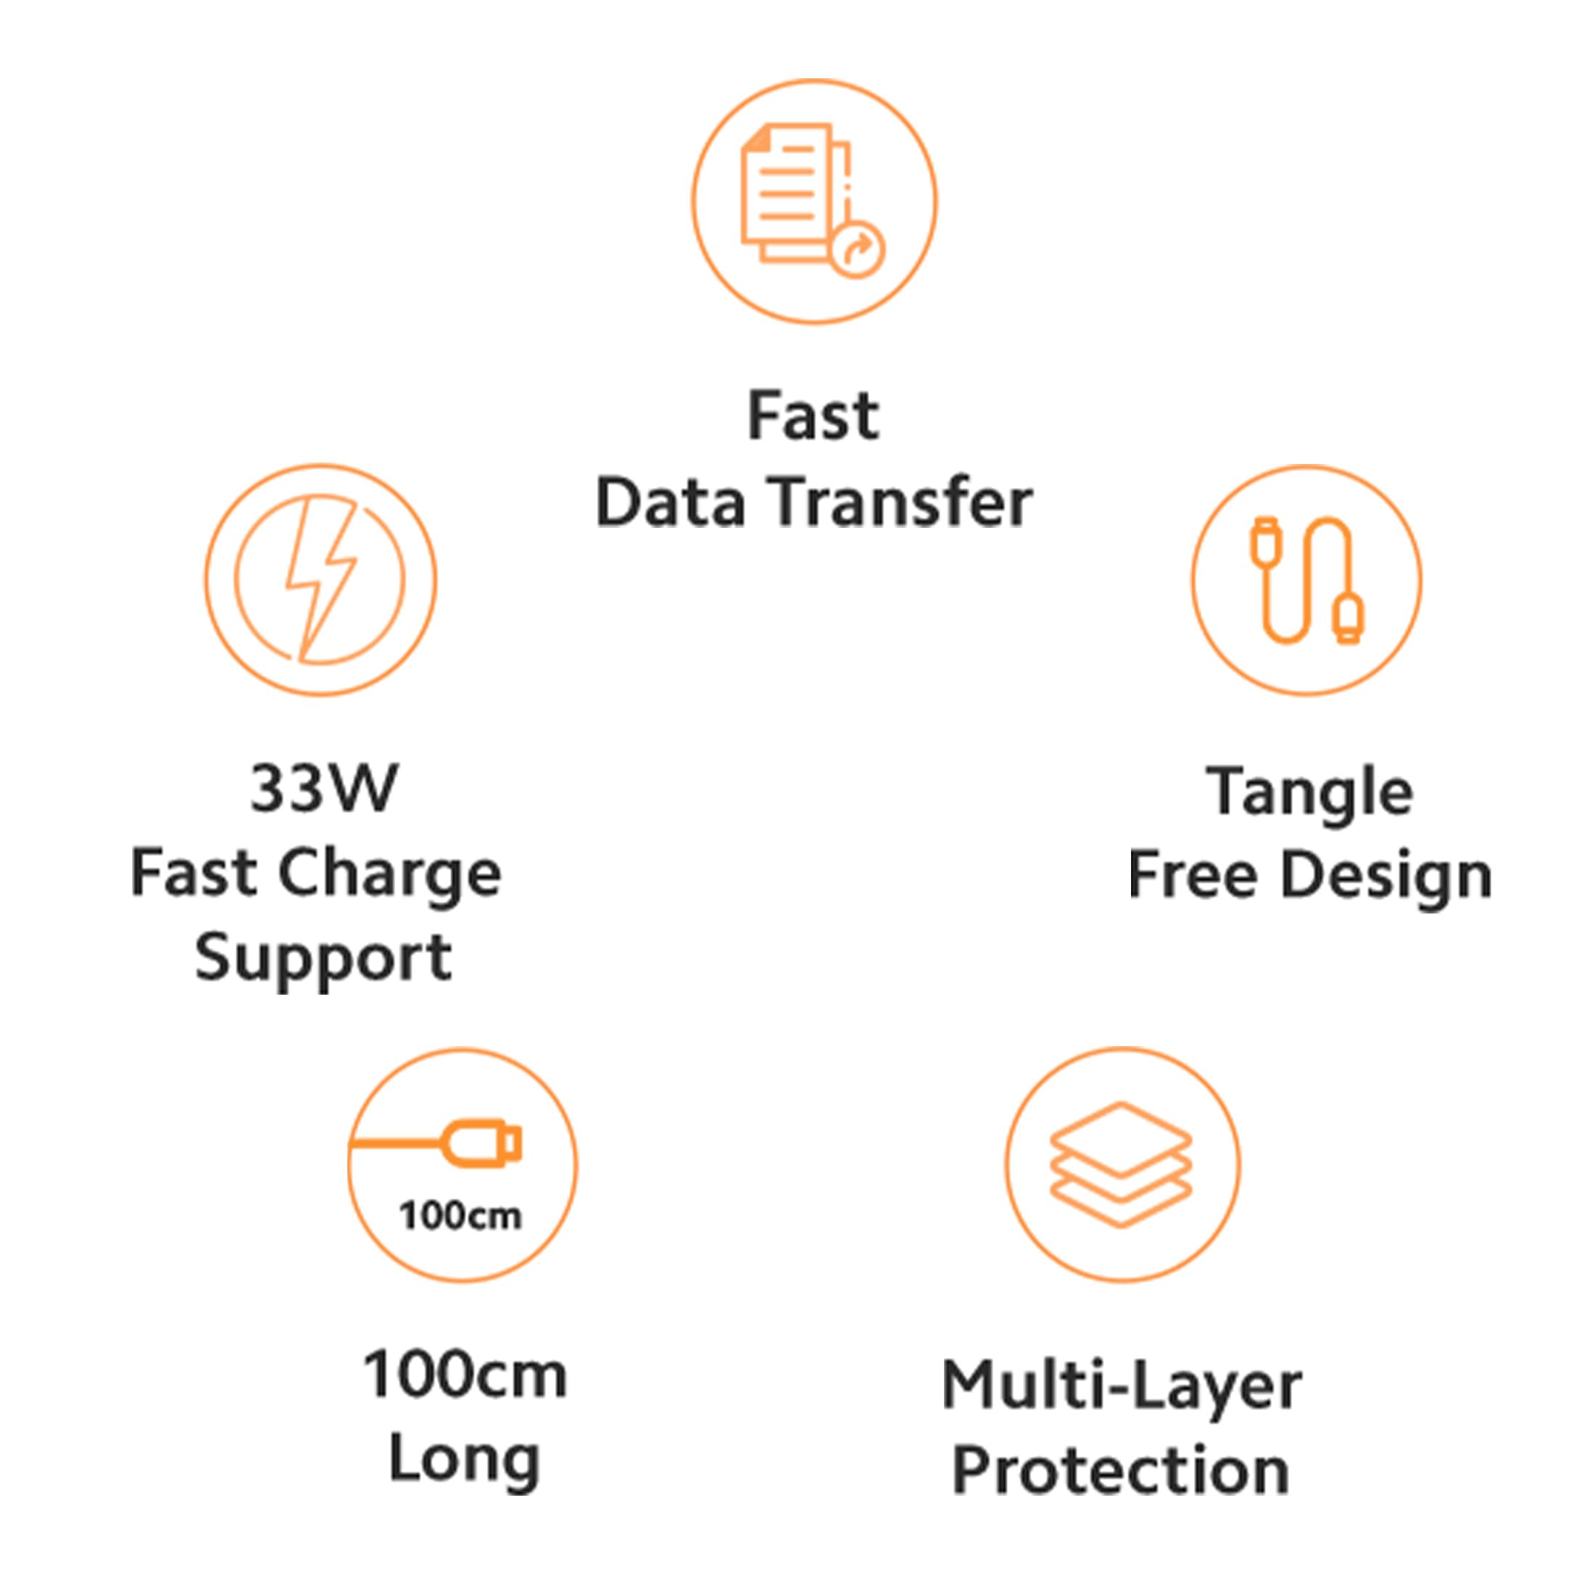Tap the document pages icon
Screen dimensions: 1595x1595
[792, 194]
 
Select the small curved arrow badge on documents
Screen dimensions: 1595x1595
[858, 249]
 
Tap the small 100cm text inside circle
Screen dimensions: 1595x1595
[460, 1216]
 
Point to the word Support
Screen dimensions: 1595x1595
[323, 959]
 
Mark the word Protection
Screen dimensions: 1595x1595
[1121, 1471]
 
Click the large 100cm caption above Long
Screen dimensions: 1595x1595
[465, 1375]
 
